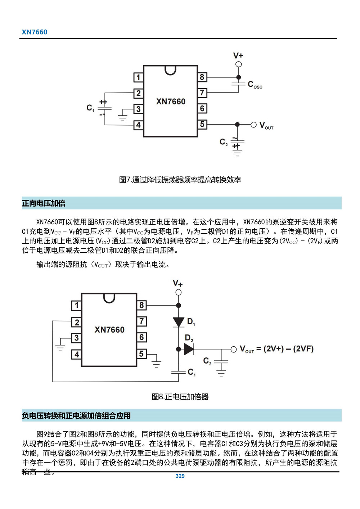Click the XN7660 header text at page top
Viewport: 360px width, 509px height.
[35, 32]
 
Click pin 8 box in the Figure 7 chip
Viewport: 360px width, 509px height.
[202, 77]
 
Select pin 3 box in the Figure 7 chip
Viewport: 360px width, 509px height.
[138, 109]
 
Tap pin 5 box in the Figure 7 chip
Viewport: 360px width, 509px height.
[202, 125]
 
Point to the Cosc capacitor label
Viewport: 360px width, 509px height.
[255, 85]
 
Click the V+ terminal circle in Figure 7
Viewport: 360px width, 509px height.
[238, 64]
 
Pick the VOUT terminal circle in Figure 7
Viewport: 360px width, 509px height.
[253, 125]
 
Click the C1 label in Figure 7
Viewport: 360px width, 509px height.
[90, 108]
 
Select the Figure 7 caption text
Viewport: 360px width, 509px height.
[180, 180]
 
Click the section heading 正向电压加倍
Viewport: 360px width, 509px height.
[44, 203]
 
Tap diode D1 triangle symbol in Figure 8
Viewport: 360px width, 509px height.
[179, 322]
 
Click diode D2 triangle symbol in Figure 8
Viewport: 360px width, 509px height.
[189, 349]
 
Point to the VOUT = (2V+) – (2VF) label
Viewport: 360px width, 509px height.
[276, 349]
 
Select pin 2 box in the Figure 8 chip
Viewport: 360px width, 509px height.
[77, 322]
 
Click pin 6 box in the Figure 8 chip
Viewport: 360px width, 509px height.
[141, 337]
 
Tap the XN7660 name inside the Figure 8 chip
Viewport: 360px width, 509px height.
[109, 330]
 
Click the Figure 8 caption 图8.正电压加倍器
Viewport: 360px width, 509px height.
[180, 397]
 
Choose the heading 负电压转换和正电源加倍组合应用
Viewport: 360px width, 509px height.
[76, 416]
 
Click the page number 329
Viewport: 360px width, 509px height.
[180, 476]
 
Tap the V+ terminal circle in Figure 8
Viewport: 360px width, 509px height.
[179, 292]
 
